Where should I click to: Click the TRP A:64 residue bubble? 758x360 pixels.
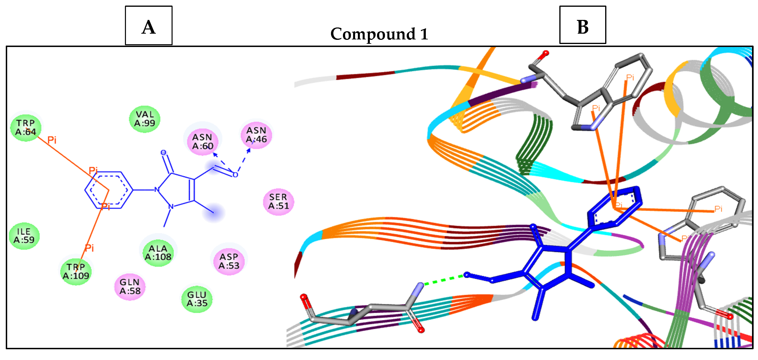click(x=26, y=127)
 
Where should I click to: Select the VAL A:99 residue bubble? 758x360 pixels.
click(x=144, y=119)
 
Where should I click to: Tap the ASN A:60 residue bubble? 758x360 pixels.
click(x=202, y=141)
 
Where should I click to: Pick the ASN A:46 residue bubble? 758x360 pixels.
click(x=256, y=135)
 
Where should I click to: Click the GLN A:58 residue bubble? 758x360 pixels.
click(x=130, y=287)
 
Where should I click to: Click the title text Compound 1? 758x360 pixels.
click(x=379, y=34)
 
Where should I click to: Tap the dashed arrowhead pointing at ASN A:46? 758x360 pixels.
click(x=249, y=150)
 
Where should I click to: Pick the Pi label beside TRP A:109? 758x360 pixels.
click(x=89, y=248)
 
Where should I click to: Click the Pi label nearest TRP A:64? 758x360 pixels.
click(x=52, y=140)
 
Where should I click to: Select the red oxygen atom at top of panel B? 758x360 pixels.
click(x=546, y=53)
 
